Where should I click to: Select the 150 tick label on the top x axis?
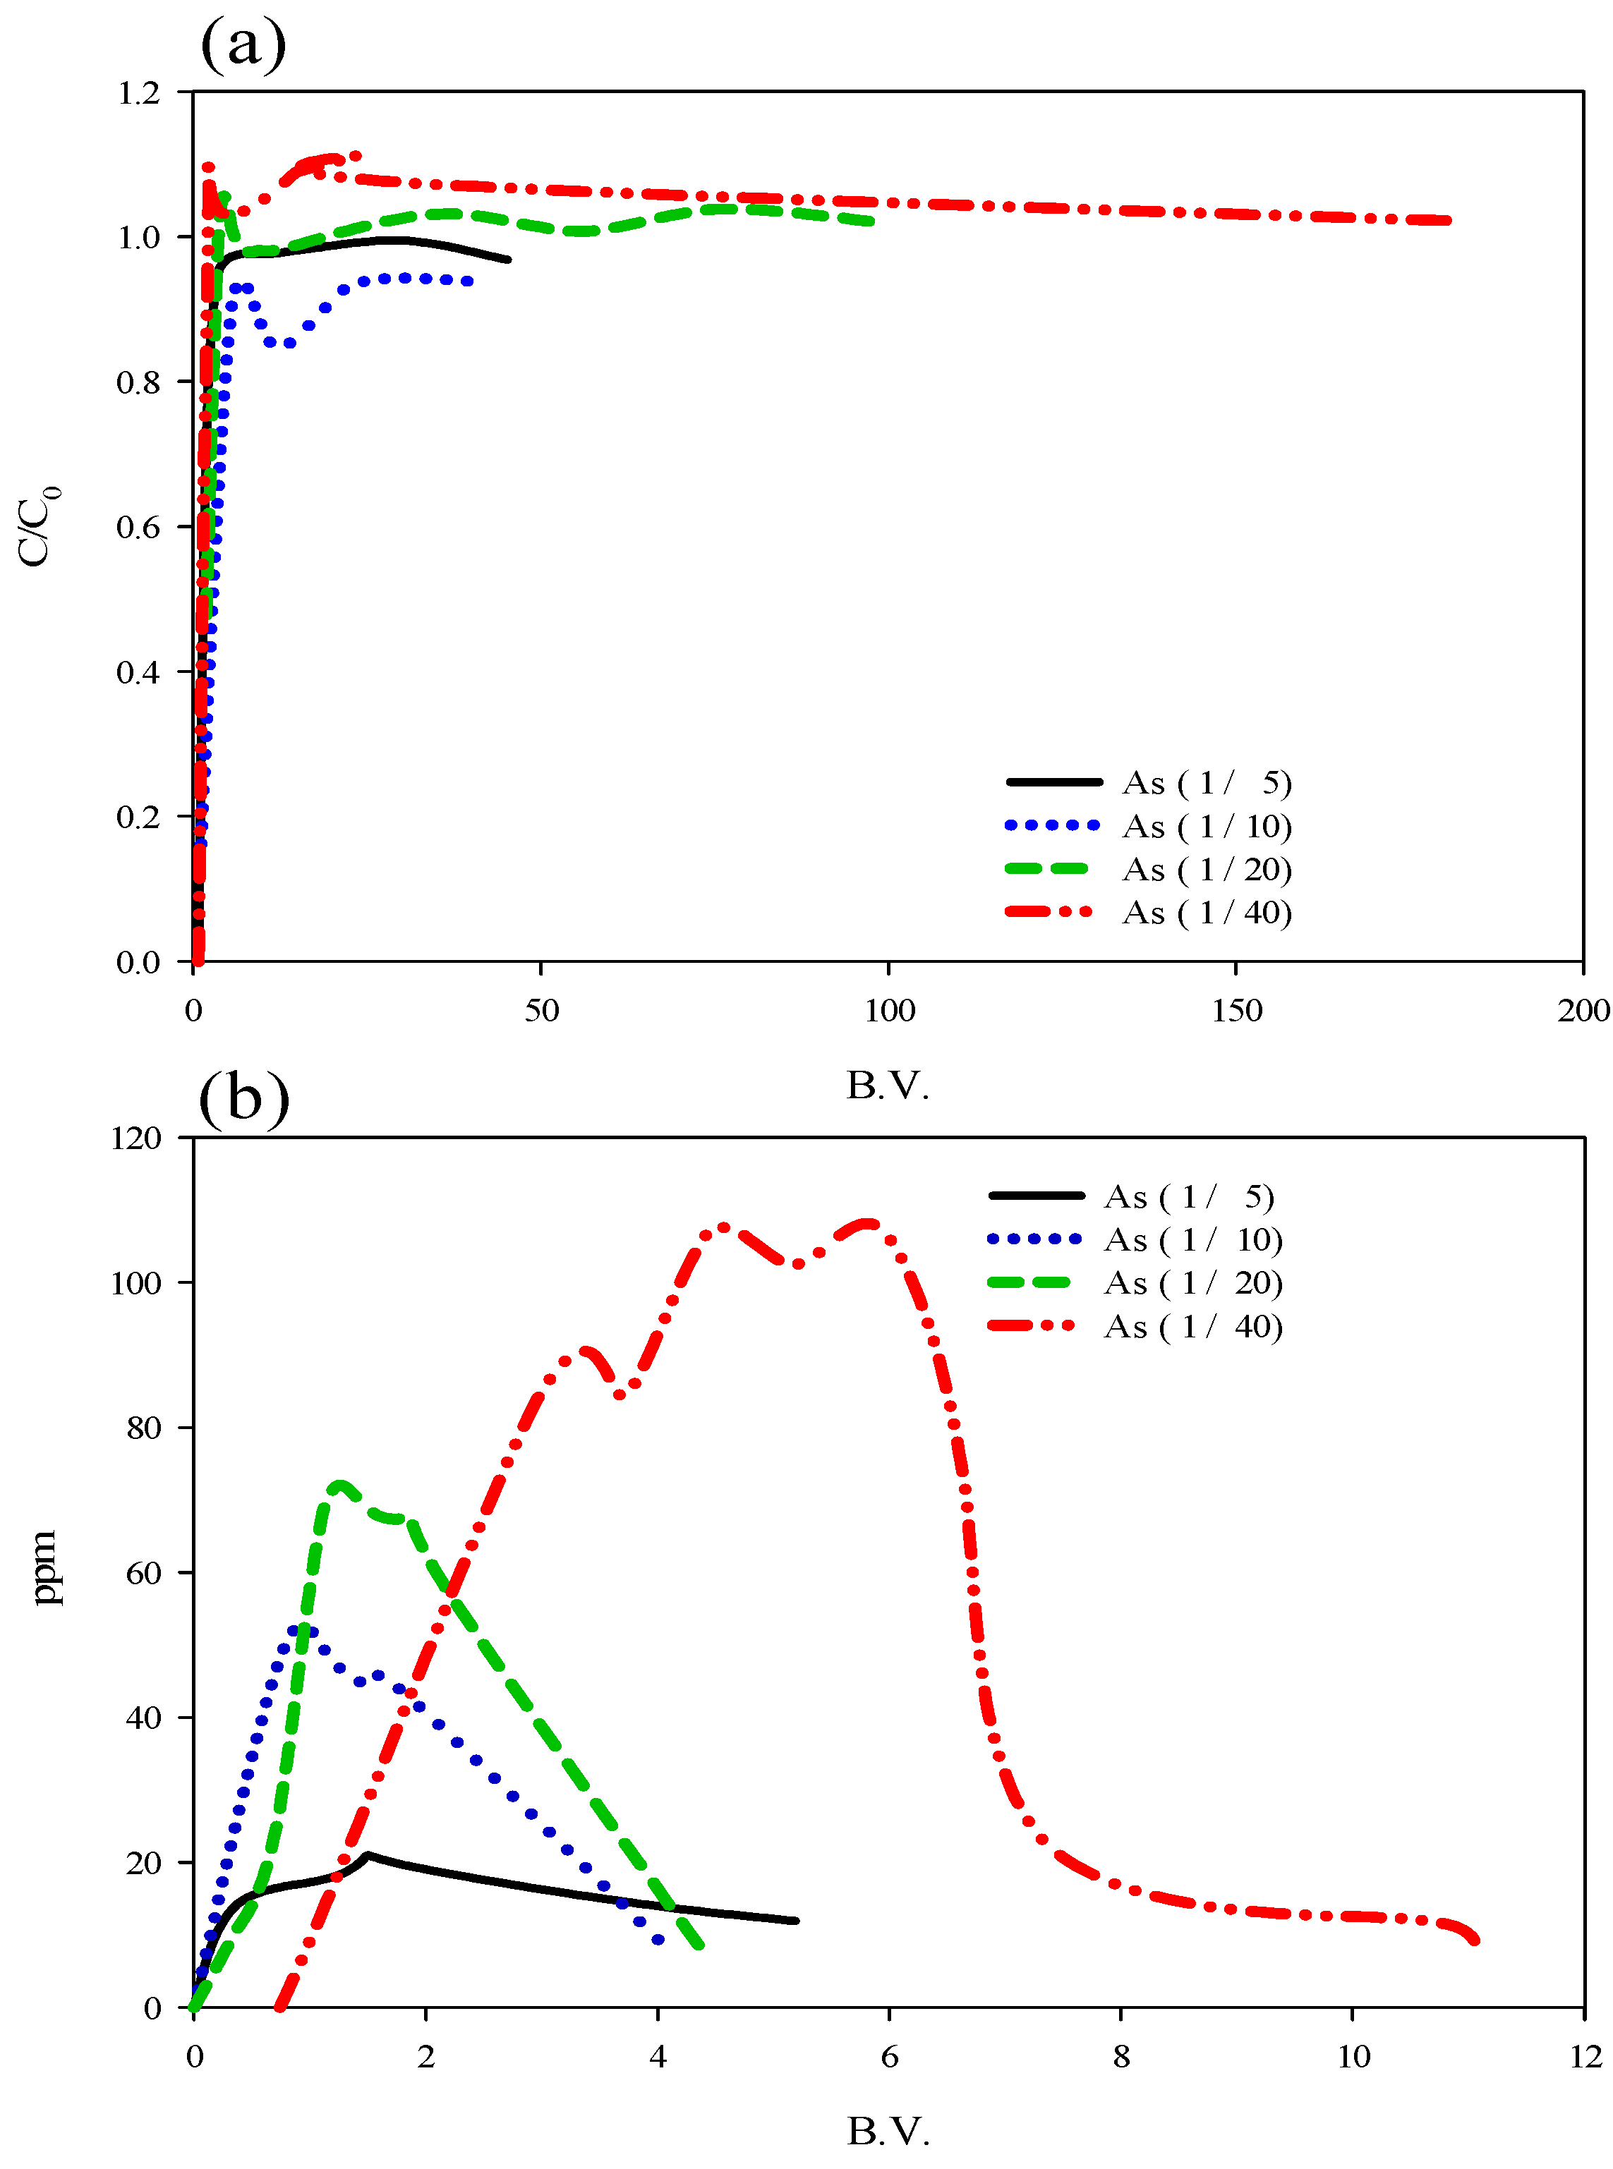pos(1236,1011)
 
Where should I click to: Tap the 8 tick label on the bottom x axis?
pos(1121,2057)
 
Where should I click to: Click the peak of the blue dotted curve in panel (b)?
pos(303,1630)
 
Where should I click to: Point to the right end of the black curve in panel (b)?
pos(797,1920)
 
